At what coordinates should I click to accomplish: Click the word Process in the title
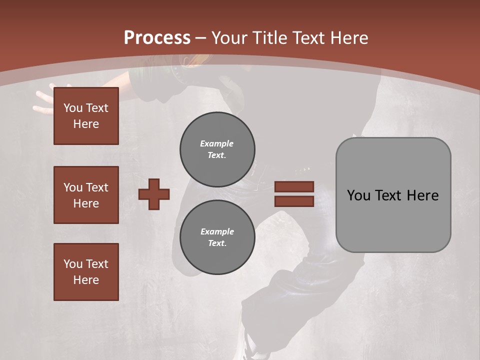pos(157,38)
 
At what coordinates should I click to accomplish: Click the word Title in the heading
pos(269,38)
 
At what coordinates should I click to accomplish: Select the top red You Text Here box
pos(86,116)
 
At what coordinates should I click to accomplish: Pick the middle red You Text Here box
pos(86,195)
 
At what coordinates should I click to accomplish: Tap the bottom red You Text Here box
pos(86,272)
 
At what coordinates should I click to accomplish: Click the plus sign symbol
pos(154,194)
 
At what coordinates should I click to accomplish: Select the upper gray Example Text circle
pos(217,149)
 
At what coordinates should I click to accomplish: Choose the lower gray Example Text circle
pos(217,237)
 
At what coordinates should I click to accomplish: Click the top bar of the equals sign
pos(294,186)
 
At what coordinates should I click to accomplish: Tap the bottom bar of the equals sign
pos(294,201)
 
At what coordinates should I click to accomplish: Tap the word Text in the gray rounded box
pos(388,195)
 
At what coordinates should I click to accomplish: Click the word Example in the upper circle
pos(217,143)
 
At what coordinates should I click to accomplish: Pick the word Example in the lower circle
pos(217,231)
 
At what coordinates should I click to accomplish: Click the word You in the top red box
pos(73,108)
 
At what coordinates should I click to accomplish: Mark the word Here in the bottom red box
pos(86,280)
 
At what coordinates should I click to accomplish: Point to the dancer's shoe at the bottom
pos(250,345)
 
